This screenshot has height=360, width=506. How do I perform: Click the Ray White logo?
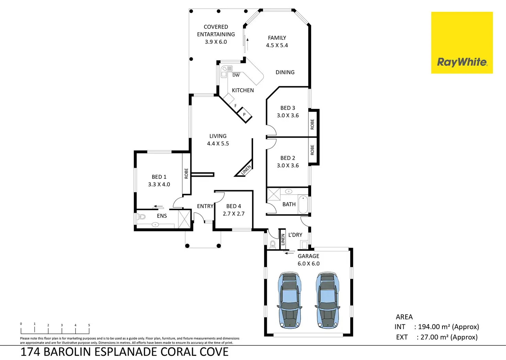[x=462, y=43]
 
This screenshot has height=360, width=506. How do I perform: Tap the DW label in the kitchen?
[x=236, y=75]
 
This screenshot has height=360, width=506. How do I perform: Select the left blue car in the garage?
[x=289, y=299]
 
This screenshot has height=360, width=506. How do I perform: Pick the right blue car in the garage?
[x=327, y=299]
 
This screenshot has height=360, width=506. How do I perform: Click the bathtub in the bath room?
[x=303, y=205]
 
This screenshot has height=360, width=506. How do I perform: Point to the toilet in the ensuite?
[x=141, y=217]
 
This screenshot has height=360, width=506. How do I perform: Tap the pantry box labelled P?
[x=244, y=114]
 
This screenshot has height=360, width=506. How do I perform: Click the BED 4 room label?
[x=233, y=206]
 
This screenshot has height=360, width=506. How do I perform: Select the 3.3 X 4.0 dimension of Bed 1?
[x=159, y=185]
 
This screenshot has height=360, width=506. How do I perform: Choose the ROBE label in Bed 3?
[x=312, y=124]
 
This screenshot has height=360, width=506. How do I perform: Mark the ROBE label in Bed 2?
[x=312, y=150]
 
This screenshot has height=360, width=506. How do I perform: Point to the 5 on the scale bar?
[x=89, y=325]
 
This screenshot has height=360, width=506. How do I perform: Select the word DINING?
[x=285, y=72]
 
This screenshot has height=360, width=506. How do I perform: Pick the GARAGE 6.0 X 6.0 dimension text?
[x=309, y=264]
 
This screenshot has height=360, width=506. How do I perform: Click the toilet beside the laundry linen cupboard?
[x=273, y=244]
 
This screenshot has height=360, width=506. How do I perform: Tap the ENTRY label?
[x=205, y=206]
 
